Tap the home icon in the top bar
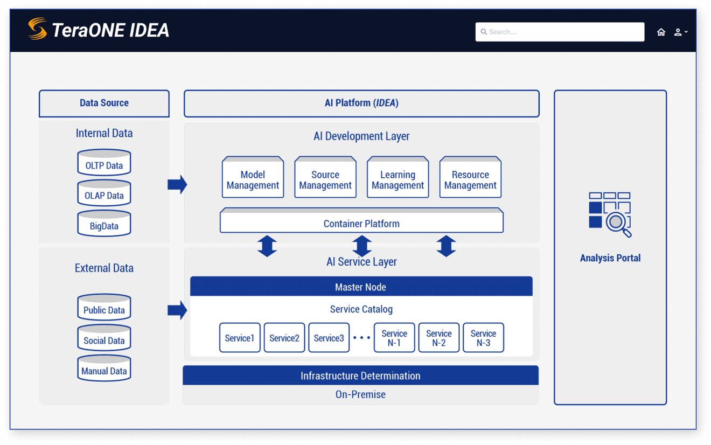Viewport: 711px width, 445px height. (x=661, y=32)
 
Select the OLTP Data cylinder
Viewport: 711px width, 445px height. (x=104, y=163)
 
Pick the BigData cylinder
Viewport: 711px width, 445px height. (x=104, y=224)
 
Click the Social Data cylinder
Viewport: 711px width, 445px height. (x=104, y=338)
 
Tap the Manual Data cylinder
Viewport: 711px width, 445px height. (x=104, y=369)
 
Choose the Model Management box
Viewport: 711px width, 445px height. (x=253, y=178)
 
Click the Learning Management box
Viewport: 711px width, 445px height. (x=398, y=178)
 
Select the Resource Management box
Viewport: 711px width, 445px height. (x=470, y=178)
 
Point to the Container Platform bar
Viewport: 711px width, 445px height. (x=361, y=221)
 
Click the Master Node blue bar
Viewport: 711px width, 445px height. (x=361, y=287)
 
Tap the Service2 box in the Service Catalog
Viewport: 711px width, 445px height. (x=284, y=338)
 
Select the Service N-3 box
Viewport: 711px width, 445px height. (x=483, y=338)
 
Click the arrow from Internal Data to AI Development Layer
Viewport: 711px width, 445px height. (x=177, y=184)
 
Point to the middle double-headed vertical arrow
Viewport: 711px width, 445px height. (x=362, y=246)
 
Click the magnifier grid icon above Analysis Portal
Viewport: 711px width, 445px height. (x=610, y=214)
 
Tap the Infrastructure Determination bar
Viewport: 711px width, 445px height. (x=360, y=376)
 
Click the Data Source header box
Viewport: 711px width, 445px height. (x=104, y=103)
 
